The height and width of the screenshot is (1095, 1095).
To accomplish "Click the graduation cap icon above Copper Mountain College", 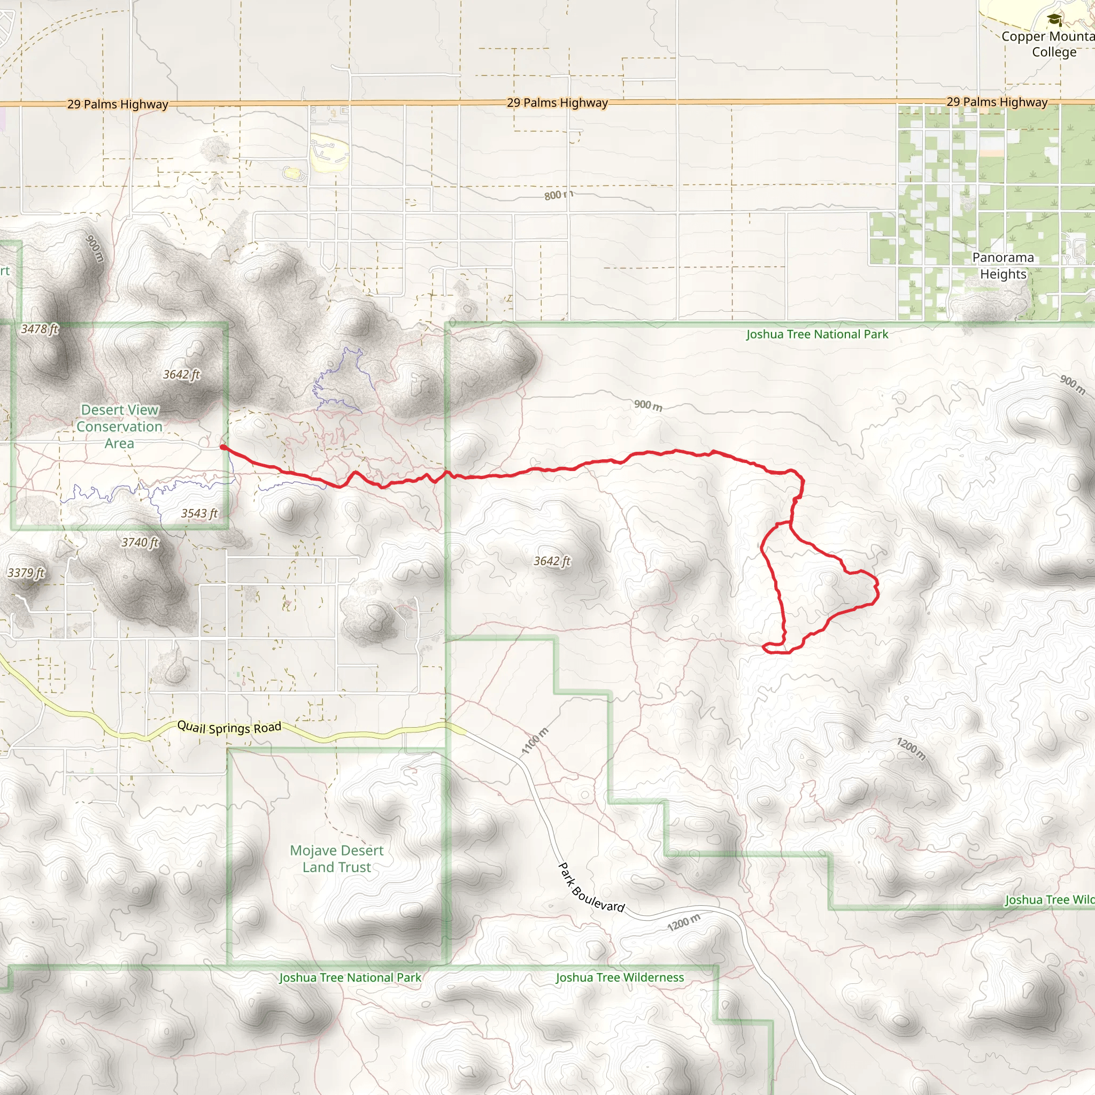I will (x=1054, y=20).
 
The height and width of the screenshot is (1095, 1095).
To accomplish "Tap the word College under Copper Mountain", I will (x=1054, y=52).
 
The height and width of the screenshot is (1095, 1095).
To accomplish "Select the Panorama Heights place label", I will (x=1003, y=266).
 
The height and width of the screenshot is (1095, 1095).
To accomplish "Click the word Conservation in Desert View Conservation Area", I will (x=120, y=427).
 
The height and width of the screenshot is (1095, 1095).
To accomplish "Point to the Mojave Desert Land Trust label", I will (x=337, y=859).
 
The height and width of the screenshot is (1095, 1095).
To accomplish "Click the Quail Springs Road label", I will (x=229, y=727).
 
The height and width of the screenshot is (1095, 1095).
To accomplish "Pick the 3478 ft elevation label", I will (x=40, y=329).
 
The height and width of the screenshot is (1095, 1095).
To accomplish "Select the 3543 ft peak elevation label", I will (x=199, y=513).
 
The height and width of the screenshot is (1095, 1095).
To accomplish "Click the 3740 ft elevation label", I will (x=140, y=542).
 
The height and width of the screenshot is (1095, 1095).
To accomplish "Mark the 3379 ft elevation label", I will (x=26, y=573).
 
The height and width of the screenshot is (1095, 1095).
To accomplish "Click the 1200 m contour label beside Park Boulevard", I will (x=683, y=923).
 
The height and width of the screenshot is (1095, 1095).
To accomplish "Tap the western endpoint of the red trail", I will (x=223, y=447).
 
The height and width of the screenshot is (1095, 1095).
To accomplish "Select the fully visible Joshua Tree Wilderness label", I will (x=620, y=978).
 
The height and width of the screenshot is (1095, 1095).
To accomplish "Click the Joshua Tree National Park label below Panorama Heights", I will (x=817, y=334).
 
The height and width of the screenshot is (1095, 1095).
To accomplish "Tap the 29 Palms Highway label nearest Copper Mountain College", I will (x=997, y=102).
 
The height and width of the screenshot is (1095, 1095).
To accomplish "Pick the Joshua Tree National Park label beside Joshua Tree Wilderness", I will (x=350, y=978).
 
